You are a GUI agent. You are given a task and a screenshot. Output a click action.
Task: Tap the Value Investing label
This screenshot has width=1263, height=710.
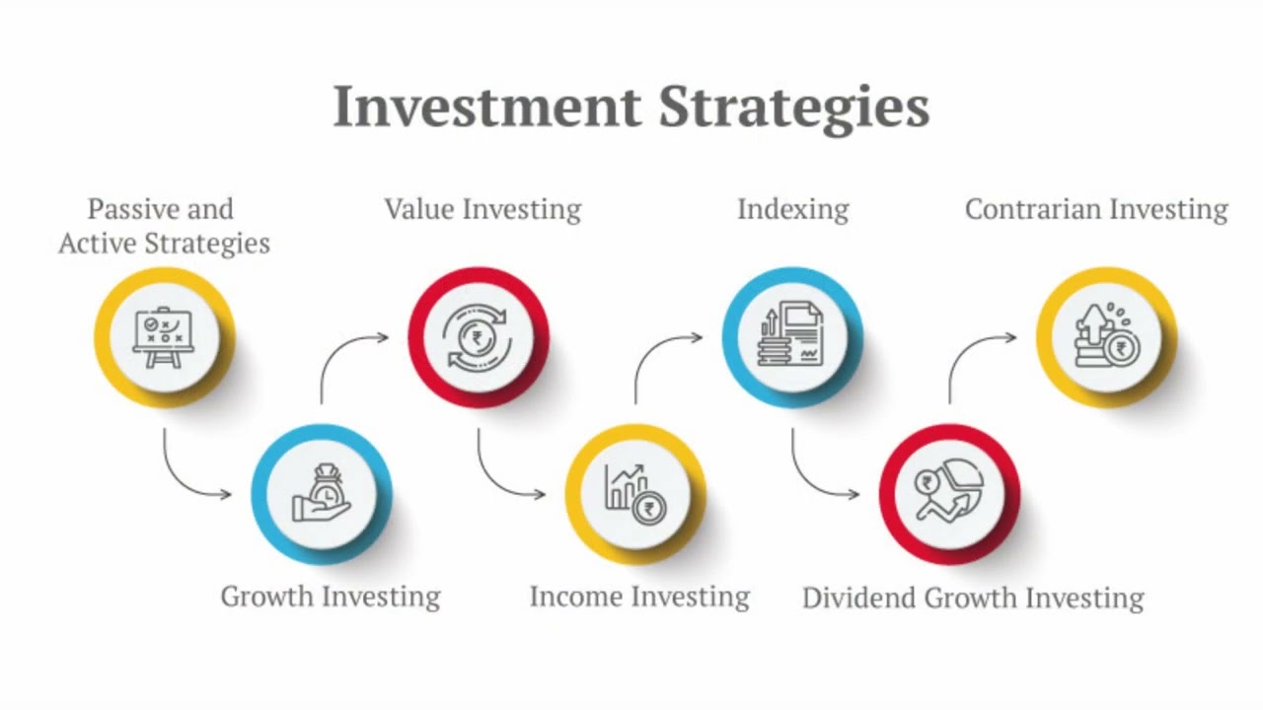483,210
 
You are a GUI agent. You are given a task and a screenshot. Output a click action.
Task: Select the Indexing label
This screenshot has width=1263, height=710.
792,210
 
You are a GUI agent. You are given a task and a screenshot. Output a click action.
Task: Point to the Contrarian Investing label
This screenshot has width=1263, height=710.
1096,210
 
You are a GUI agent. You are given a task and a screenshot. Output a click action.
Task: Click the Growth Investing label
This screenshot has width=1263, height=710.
330,597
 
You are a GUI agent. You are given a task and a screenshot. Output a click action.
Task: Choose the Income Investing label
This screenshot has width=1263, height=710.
639,597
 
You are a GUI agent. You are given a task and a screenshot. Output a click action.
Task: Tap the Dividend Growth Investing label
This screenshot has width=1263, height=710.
973,599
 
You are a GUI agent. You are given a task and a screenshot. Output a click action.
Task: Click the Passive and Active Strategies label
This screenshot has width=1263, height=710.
164,226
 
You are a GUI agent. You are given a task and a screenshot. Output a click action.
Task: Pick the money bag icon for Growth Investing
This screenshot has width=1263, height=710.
322,493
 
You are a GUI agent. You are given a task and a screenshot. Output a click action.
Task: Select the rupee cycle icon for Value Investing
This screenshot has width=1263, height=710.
479,336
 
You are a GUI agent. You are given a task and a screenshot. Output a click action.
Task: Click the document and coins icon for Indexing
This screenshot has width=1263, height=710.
792,336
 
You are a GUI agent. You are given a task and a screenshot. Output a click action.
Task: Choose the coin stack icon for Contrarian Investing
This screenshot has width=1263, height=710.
1105,336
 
